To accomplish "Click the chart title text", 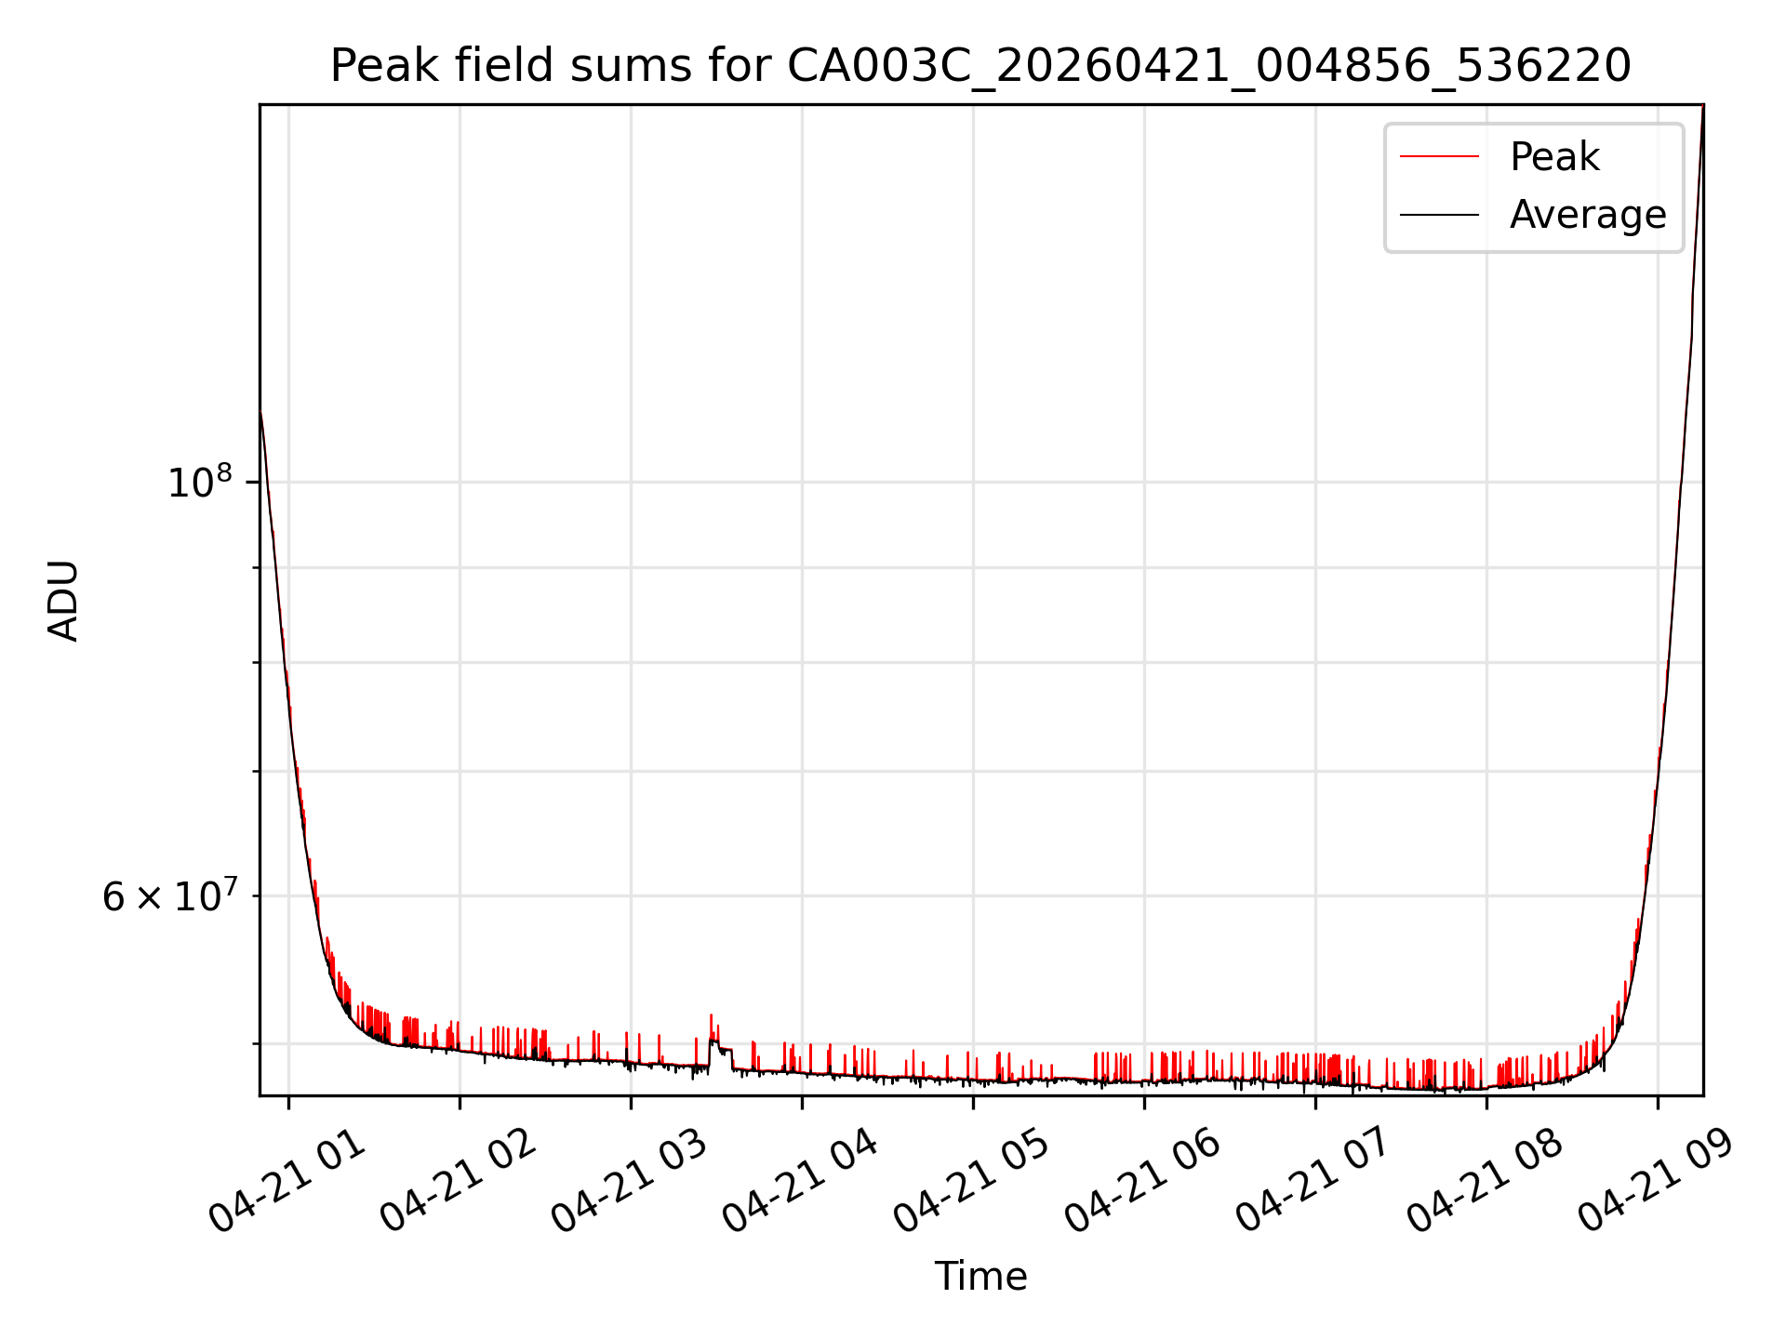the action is coord(980,66).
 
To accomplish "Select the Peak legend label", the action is coord(1554,157).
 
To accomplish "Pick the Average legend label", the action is coord(1588,215).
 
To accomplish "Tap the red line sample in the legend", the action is coord(1439,157).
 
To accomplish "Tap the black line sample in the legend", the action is coord(1439,215).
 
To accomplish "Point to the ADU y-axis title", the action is coord(63,600).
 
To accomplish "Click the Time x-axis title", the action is coord(980,1276).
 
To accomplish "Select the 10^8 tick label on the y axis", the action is coord(199,482).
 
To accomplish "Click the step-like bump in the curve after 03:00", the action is coord(721,1047).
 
